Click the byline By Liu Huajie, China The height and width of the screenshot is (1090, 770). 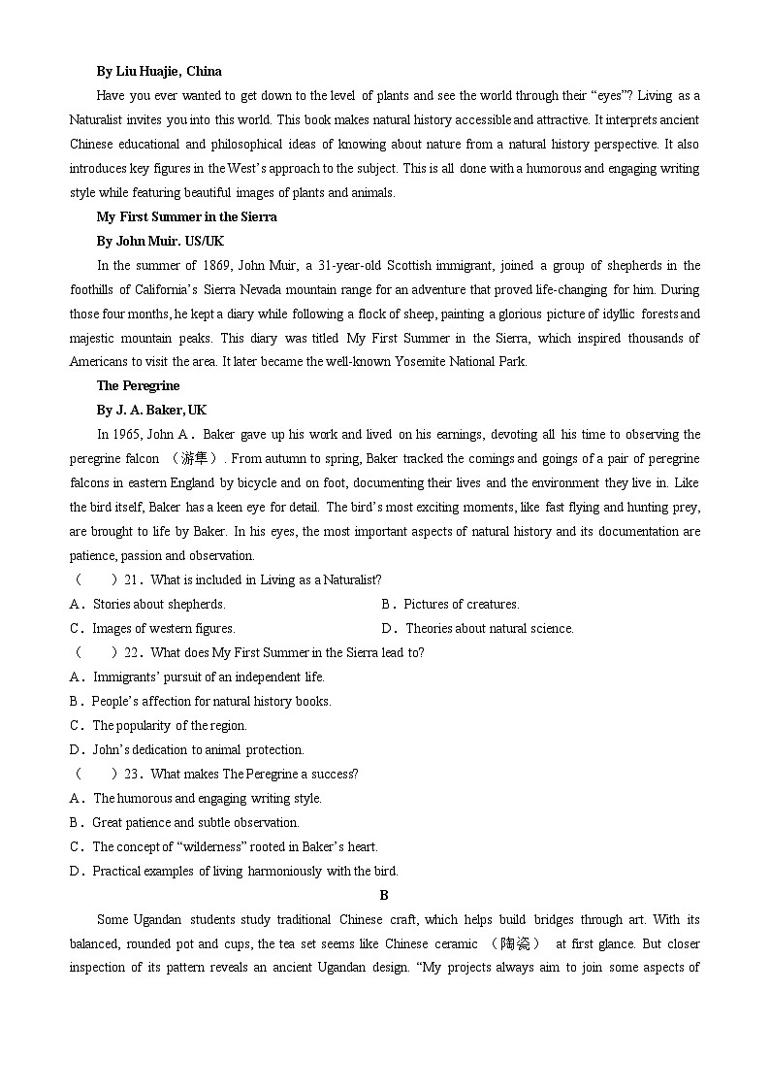(x=159, y=71)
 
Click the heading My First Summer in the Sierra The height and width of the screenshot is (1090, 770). (x=186, y=216)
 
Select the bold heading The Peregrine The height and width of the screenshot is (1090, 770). (x=138, y=385)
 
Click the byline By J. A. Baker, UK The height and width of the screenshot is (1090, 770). (x=151, y=410)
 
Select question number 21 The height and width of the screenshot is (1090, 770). (x=135, y=579)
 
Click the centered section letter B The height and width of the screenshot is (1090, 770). (x=384, y=895)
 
